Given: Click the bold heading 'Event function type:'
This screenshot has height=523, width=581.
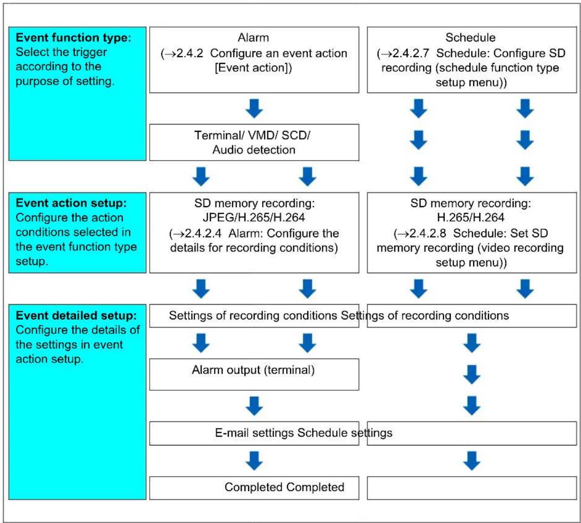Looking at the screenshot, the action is pos(73,37).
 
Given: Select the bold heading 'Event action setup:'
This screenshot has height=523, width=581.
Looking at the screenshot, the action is pos(71,203).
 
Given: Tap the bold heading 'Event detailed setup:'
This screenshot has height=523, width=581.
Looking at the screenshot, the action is pos(76,315).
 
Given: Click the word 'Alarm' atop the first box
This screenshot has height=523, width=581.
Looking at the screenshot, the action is pos(253,37).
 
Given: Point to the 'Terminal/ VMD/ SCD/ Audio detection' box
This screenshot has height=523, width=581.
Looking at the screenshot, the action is pos(254,142).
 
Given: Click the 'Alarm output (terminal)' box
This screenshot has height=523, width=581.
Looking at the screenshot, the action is pos(254,375).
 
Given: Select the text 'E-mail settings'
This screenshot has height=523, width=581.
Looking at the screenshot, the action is pos(255,433).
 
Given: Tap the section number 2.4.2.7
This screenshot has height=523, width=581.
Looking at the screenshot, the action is pos(411,53).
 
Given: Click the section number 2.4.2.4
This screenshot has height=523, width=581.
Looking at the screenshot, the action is pos(203,233).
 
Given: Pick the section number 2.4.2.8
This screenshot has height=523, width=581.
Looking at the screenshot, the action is pos(428,233).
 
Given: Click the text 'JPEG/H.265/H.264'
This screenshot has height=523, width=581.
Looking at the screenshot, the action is pos(254,217).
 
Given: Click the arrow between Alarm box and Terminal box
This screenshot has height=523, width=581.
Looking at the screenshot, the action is pos(254,108).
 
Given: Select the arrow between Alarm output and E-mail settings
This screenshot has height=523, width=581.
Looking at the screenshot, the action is pos(254,406).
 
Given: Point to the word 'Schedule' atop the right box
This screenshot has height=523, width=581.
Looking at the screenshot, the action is pos(471,37).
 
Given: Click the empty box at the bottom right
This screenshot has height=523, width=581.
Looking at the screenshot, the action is pos(472,488).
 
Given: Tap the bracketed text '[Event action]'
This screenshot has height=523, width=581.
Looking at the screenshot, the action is pos(253,68).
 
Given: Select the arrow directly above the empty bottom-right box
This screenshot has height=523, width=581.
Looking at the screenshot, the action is pos(472,461).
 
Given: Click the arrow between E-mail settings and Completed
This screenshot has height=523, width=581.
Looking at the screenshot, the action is pos(254,461).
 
